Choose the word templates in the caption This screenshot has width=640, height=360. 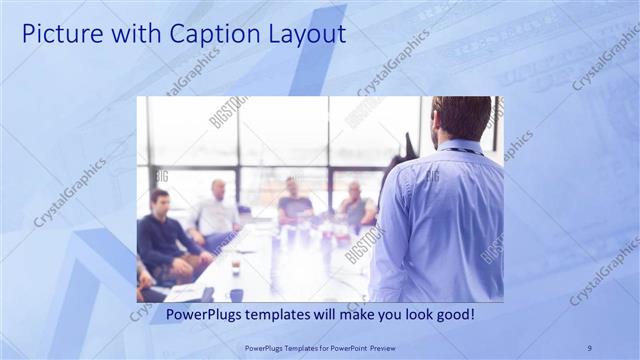[x=288, y=314]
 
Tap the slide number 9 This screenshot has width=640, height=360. [x=589, y=347]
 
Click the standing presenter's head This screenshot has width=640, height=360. [x=461, y=118]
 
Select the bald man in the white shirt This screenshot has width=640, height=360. [x=217, y=211]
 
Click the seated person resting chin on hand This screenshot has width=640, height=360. [x=356, y=205]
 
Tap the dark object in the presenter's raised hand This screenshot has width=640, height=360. [x=409, y=145]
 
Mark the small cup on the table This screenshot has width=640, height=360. [x=236, y=267]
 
